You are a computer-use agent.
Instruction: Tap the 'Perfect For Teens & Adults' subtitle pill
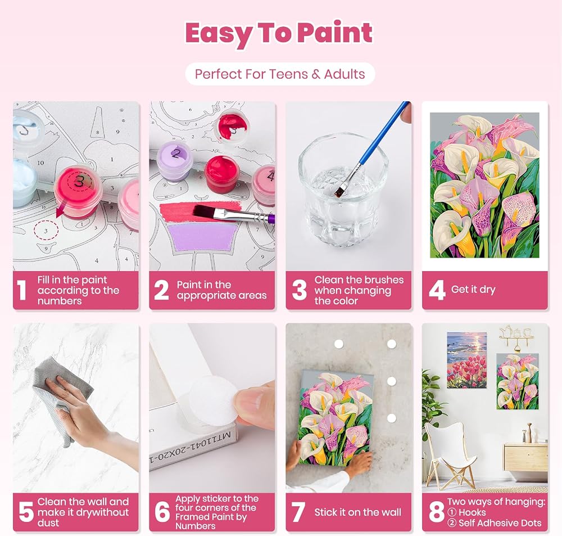(x=280, y=74)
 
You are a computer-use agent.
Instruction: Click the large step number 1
(x=22, y=290)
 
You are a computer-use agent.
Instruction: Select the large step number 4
(x=437, y=290)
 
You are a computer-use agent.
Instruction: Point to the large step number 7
(x=298, y=512)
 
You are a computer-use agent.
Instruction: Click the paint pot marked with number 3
(x=78, y=190)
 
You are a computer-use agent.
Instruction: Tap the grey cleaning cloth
(x=60, y=398)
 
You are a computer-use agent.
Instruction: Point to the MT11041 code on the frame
(x=191, y=448)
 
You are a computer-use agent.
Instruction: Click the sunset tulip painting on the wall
(x=466, y=360)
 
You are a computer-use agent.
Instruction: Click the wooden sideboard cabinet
(x=526, y=457)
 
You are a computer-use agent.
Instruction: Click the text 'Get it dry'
(x=473, y=290)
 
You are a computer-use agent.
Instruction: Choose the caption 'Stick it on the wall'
(x=357, y=512)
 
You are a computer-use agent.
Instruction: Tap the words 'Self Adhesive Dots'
(x=500, y=523)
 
